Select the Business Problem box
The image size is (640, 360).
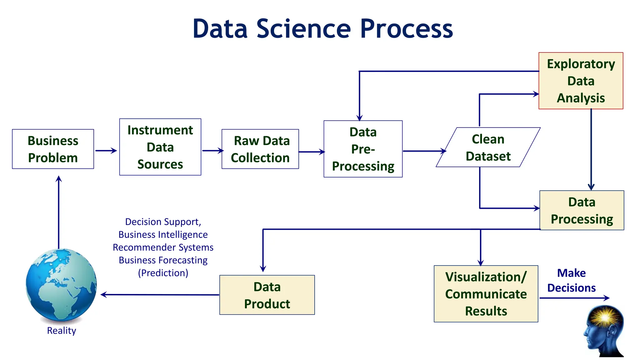coord(53,149)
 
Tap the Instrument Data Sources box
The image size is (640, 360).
coord(160,147)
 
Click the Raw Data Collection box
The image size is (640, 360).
coord(260,149)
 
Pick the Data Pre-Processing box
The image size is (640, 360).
coord(363,149)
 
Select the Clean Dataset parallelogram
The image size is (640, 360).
coord(488,147)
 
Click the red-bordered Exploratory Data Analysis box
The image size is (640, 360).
coord(581,81)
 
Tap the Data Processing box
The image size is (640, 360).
coord(582,210)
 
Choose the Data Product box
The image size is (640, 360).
coord(267,295)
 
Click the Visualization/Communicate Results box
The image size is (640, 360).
coord(486,294)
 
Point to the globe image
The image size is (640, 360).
coord(61,285)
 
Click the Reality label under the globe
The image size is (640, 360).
coord(61,330)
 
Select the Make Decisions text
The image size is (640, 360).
coord(571,280)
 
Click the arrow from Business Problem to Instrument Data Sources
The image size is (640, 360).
coord(106,151)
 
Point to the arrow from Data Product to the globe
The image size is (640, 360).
coord(159,295)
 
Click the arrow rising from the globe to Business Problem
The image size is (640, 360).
coord(58,212)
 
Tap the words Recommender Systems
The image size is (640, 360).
coord(163,247)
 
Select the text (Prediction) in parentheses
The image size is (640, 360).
coord(163,273)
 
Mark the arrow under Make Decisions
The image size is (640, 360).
coord(574,298)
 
